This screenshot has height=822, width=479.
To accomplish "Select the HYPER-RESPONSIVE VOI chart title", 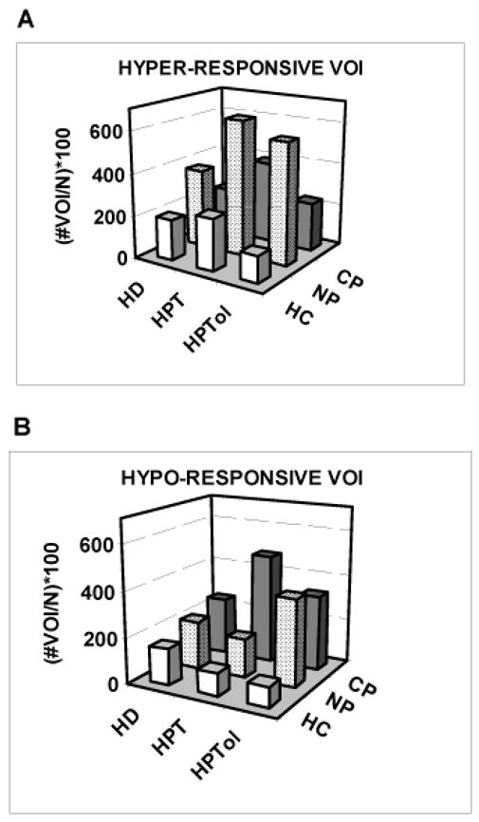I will tap(229, 68).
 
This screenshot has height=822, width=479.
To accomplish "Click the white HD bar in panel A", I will tap(171, 236).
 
